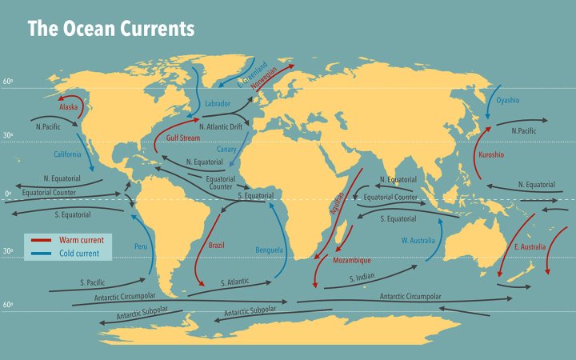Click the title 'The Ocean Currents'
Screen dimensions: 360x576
[110, 30]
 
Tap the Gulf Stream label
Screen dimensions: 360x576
[182, 138]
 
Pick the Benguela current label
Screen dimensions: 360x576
[269, 250]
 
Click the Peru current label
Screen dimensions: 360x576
[141, 246]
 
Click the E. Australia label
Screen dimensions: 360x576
[530, 247]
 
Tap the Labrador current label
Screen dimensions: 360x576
[218, 104]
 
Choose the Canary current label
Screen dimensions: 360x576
[227, 149]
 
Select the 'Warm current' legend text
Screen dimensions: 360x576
[81, 240]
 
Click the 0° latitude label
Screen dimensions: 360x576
[8, 194]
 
